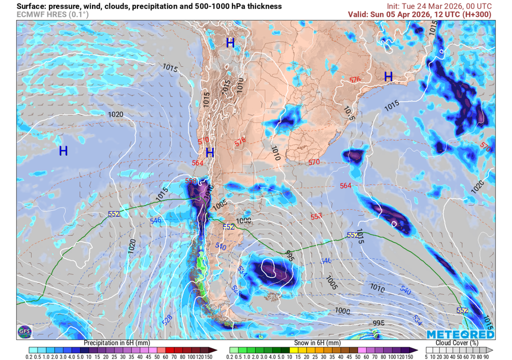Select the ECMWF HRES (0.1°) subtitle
(52, 14)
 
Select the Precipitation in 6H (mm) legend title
(116, 343)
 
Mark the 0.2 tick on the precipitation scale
(29, 356)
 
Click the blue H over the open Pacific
(63, 150)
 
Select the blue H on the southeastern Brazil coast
(388, 76)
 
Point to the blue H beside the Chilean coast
(210, 152)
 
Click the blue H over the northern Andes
(230, 43)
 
